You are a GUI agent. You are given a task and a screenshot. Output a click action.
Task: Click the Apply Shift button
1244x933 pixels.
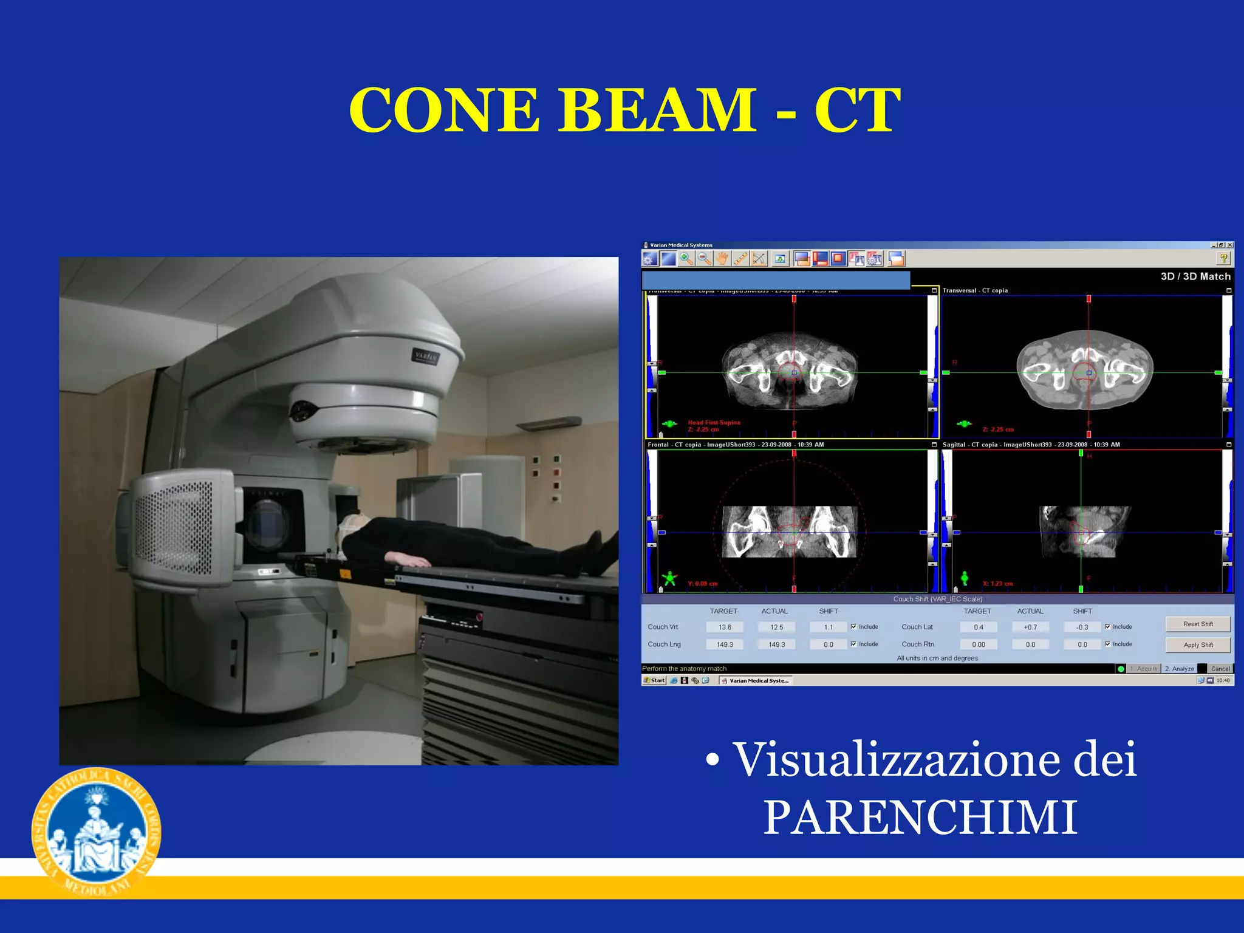pyautogui.click(x=1197, y=644)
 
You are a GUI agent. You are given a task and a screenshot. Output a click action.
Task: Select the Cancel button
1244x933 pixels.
pyautogui.click(x=1220, y=669)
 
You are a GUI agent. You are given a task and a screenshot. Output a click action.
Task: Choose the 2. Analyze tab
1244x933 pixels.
pyautogui.click(x=1179, y=669)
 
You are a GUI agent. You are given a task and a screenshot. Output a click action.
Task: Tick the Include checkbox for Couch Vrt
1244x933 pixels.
pyautogui.click(x=853, y=627)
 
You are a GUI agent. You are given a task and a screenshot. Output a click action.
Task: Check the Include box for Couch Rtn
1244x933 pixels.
pyautogui.click(x=1107, y=644)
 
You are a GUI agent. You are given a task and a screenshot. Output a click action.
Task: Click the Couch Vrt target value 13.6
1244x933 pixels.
pyautogui.click(x=725, y=627)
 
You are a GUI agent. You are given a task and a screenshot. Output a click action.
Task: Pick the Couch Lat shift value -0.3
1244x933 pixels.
pyautogui.click(x=1082, y=627)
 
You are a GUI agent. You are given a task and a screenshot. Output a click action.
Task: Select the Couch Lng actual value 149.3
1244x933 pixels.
pyautogui.click(x=776, y=644)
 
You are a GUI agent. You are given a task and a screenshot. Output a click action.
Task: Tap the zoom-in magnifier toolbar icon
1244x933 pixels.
pyautogui.click(x=686, y=259)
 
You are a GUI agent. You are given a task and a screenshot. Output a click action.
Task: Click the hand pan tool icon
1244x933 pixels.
pyautogui.click(x=722, y=259)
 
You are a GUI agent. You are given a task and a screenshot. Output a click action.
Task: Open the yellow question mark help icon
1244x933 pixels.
pyautogui.click(x=1223, y=259)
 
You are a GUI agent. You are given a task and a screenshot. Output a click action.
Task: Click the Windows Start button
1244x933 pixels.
pyautogui.click(x=654, y=680)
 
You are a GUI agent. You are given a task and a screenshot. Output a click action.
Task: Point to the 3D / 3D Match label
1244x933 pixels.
pyautogui.click(x=1195, y=276)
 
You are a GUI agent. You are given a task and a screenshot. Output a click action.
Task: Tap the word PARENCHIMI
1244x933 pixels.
pyautogui.click(x=920, y=818)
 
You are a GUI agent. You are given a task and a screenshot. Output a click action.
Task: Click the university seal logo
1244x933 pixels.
pyautogui.click(x=96, y=832)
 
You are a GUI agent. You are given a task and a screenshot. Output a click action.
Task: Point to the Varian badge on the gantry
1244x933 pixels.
pyautogui.click(x=425, y=357)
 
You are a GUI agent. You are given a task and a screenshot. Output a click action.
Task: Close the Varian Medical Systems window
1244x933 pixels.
pyautogui.click(x=1230, y=245)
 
